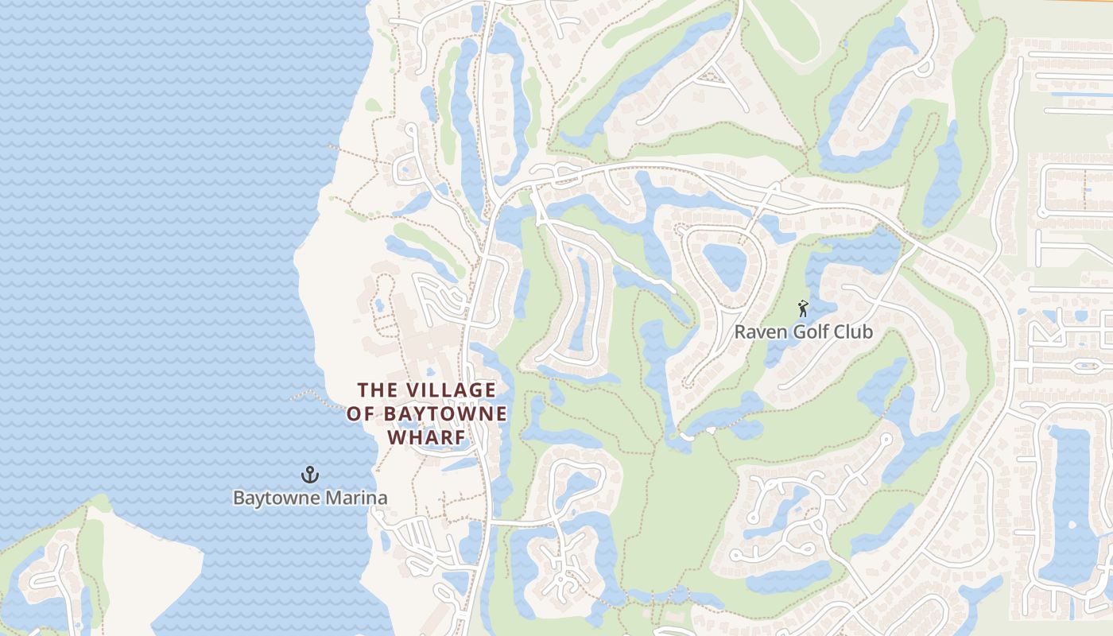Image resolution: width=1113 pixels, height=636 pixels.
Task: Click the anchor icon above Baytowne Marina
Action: point(309,475)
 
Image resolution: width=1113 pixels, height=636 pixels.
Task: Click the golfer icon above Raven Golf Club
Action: point(803,308)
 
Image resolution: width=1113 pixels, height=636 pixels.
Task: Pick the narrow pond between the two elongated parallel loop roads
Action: point(584,306)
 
